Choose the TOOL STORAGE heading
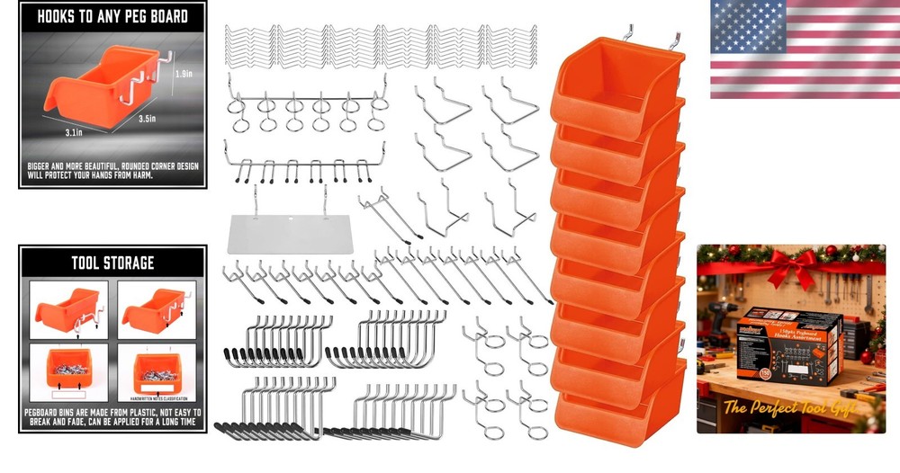coord(112,263)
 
